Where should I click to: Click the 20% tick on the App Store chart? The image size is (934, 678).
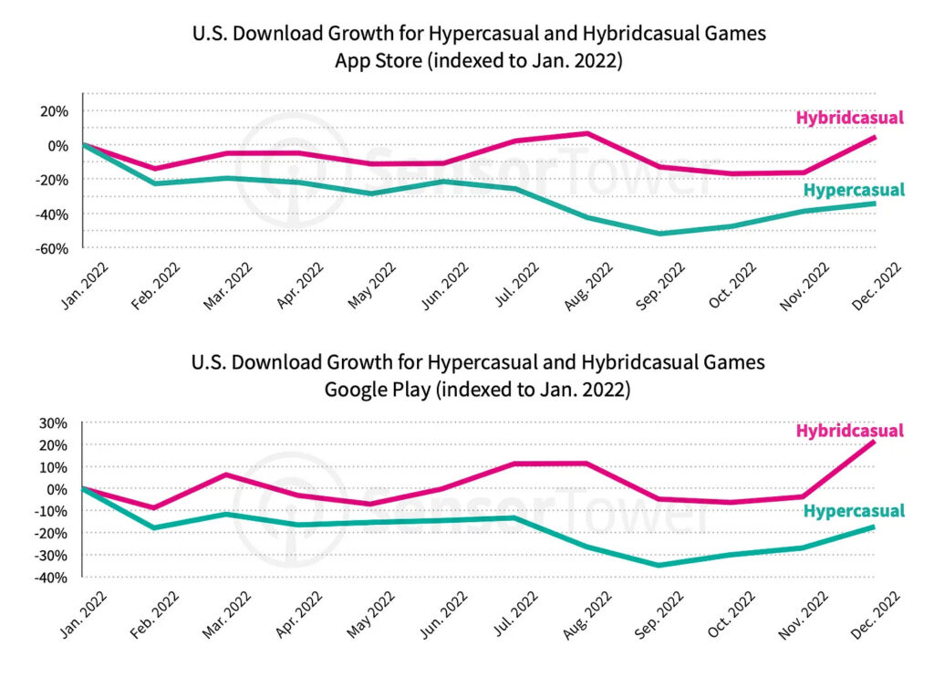(x=53, y=111)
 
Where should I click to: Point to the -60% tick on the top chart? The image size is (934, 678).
(x=51, y=248)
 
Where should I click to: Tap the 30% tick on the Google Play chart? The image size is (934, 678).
(x=53, y=423)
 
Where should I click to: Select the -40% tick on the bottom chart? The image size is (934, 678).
(x=51, y=578)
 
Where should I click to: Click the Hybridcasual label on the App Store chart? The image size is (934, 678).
(x=849, y=118)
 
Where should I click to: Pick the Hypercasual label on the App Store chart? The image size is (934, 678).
(x=854, y=190)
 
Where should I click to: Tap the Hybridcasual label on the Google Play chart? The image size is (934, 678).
(x=849, y=431)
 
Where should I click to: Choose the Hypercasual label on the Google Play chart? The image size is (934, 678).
(x=854, y=511)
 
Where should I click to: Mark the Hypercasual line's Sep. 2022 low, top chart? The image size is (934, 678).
(x=659, y=234)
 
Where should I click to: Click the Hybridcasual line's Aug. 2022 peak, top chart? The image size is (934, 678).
(x=587, y=134)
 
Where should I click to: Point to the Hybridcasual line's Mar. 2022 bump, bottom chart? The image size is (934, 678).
(x=225, y=475)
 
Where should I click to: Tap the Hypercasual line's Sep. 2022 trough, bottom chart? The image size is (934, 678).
(x=659, y=565)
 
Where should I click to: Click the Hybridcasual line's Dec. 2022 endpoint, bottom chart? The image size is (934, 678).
(x=874, y=443)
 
